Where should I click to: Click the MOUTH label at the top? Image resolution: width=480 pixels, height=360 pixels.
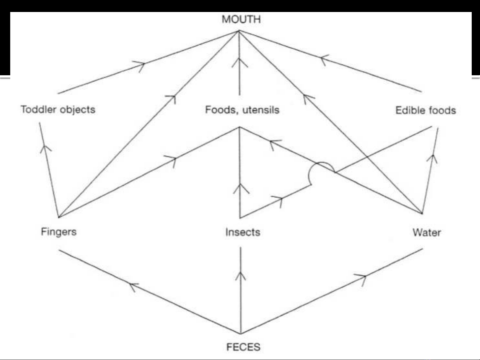241,19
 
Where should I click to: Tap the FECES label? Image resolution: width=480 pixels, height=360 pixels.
243,347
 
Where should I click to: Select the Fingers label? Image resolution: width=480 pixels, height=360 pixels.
59,231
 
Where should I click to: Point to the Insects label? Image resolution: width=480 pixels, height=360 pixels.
242,232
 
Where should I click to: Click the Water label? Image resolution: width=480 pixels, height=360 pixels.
427,232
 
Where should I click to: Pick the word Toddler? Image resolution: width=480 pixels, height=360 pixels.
37,109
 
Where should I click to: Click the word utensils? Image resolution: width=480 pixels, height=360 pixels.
261,110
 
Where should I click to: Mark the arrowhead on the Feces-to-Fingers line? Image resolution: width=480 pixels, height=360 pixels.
133,286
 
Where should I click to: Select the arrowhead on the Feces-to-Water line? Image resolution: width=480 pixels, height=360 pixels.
361,277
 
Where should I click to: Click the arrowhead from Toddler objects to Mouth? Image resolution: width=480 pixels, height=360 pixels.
140,65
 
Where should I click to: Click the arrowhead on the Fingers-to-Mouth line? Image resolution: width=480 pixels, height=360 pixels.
171,98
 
